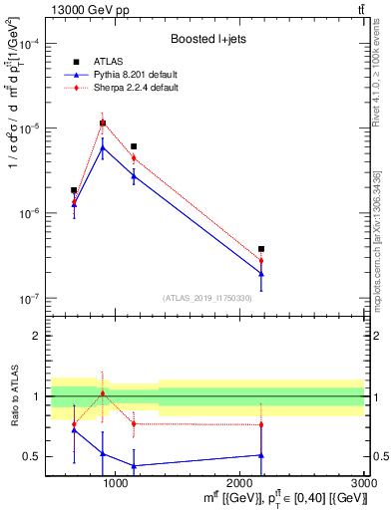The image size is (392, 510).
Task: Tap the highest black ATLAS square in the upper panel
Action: [x=103, y=124]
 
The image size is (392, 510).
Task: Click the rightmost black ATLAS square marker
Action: [x=261, y=249]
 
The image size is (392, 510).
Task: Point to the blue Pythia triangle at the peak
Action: [x=103, y=147]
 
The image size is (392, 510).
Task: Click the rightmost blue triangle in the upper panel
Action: [x=261, y=274]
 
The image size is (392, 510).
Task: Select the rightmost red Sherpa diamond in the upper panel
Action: [x=261, y=261]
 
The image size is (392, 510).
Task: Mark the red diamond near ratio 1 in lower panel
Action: [x=103, y=393]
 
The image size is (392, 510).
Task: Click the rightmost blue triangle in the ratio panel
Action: [x=261, y=455]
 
